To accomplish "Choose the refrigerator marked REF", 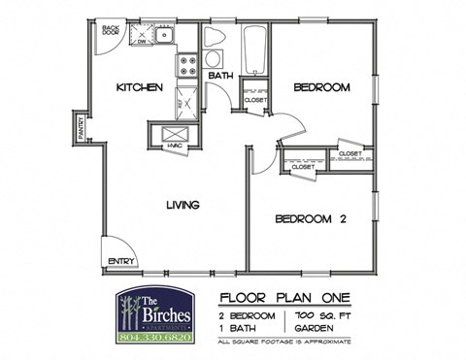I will (x=185, y=99).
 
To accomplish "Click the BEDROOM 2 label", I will (x=311, y=218).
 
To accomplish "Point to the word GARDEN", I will (x=309, y=328).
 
